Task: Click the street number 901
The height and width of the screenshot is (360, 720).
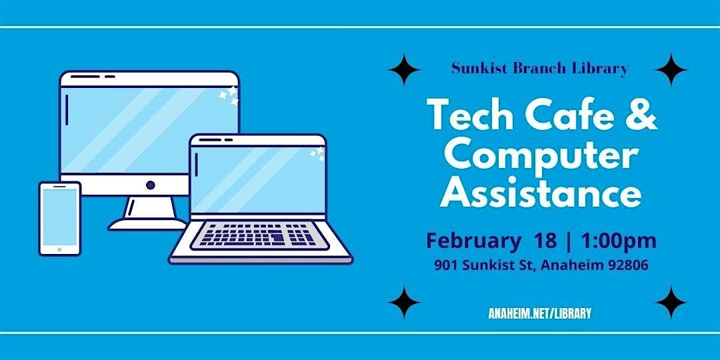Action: pyautogui.click(x=445, y=265)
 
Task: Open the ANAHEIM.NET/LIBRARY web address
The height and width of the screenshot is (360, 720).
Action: pyautogui.click(x=540, y=313)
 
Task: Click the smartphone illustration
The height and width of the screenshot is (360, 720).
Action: pyautogui.click(x=60, y=219)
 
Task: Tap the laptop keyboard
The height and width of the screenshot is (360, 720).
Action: pyautogui.click(x=259, y=235)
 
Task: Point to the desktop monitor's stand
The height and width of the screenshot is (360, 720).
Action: pyautogui.click(x=148, y=213)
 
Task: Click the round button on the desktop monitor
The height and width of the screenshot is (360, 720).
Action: pyautogui.click(x=150, y=185)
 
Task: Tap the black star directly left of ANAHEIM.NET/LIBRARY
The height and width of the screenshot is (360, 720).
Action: pyautogui.click(x=404, y=302)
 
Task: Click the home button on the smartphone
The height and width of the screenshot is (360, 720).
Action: pyautogui.click(x=59, y=250)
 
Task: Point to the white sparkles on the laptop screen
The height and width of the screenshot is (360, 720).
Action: pyautogui.click(x=317, y=153)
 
